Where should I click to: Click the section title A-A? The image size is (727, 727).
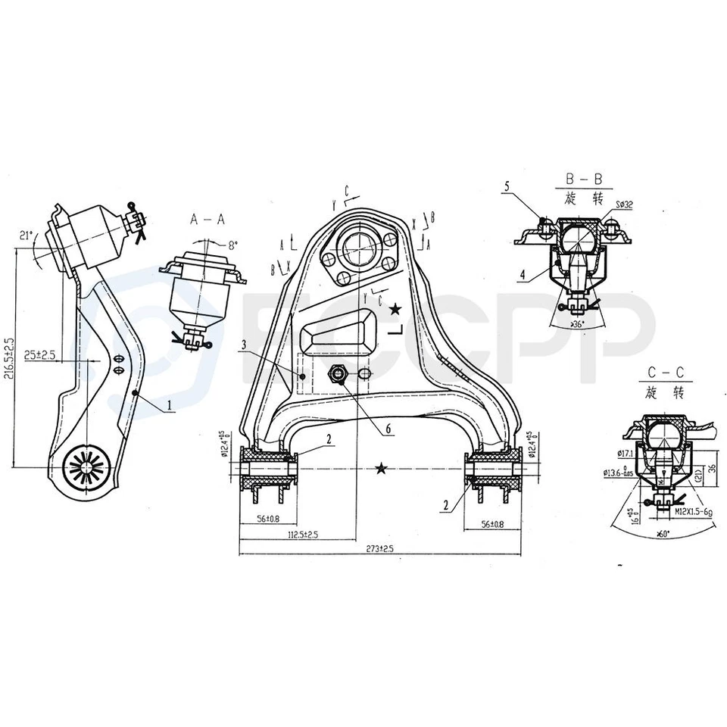(x=207, y=219)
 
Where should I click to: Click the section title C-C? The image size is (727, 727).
(x=666, y=373)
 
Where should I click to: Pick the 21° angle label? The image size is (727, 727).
(x=27, y=236)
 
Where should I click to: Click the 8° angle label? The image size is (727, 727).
(x=232, y=245)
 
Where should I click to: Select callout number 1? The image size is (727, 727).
(x=171, y=406)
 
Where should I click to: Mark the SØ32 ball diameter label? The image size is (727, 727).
(x=625, y=204)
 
